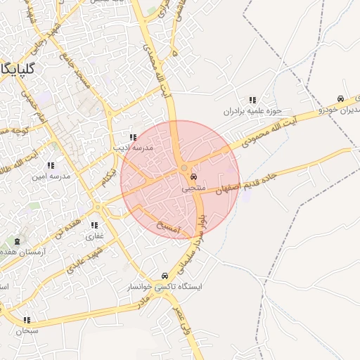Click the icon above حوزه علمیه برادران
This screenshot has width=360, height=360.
click(252, 101)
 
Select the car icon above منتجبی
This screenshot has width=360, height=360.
click(193, 178)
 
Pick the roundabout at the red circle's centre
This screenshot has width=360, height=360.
click(184, 168)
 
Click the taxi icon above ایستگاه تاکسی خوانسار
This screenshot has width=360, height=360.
click(165, 276)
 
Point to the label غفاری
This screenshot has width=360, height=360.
click(95, 236)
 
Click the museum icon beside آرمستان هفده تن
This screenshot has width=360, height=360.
click(17, 242)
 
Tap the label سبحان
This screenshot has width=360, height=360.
click(27, 330)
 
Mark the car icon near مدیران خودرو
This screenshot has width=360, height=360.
click(340, 99)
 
